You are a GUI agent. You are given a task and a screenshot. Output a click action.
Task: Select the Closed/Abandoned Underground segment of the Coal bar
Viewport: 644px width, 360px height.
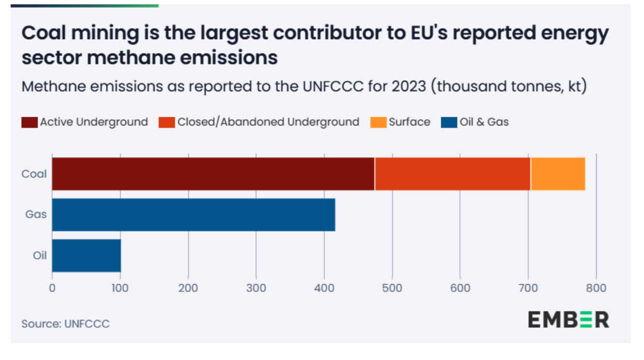pos(452,174)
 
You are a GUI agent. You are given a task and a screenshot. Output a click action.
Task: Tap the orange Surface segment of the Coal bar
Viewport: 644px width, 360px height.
pos(558,174)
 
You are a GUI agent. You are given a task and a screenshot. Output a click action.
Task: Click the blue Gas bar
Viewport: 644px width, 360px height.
pos(193,214)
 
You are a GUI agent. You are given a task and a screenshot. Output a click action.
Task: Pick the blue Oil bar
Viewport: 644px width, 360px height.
pos(86,255)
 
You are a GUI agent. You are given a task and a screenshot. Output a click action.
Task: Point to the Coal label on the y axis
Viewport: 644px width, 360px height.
pos(34,174)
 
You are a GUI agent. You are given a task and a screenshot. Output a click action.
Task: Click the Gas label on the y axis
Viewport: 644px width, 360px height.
pos(36,214)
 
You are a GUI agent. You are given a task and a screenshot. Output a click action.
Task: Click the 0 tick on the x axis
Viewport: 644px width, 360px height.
pos(52,288)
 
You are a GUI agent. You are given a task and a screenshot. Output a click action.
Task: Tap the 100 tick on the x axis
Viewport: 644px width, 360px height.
pos(120,288)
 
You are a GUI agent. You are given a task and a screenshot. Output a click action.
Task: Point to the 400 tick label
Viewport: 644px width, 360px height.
pos(324,288)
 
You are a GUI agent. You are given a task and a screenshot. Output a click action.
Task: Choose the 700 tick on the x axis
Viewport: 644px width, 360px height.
pos(528,288)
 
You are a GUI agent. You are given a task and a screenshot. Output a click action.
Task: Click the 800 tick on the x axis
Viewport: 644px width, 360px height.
pos(596,288)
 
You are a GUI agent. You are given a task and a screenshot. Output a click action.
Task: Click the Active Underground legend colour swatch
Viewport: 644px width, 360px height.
pos(29,122)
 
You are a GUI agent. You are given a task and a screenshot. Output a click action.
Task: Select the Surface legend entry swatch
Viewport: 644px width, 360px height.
pos(378,122)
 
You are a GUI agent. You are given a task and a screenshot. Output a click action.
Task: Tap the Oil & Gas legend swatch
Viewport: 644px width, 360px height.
pos(448,122)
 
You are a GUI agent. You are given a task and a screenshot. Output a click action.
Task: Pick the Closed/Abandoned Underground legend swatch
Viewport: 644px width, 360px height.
pos(167,122)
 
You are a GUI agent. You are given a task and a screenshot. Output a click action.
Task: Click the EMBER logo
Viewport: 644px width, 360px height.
pos(568,319)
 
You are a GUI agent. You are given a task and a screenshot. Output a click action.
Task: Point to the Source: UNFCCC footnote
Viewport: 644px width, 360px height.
pos(65,323)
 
